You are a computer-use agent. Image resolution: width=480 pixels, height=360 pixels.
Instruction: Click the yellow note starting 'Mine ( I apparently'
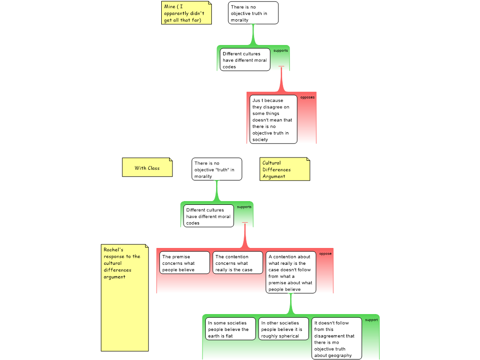tap(187, 13)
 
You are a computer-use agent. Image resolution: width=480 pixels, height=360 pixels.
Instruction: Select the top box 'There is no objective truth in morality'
tap(253, 13)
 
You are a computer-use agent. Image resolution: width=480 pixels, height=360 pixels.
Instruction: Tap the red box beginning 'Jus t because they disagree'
tap(273, 120)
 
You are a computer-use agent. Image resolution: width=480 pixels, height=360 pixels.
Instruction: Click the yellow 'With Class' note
tap(147, 168)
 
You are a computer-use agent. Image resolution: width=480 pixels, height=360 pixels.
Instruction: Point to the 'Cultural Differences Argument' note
tap(285, 169)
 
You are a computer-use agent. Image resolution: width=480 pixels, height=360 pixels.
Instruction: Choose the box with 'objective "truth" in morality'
tap(217, 169)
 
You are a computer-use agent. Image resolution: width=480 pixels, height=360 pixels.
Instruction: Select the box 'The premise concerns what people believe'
tap(185, 263)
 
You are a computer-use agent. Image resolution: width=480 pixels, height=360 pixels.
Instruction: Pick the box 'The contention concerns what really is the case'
tap(238, 263)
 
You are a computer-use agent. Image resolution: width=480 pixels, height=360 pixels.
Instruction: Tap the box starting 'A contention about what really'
tap(291, 272)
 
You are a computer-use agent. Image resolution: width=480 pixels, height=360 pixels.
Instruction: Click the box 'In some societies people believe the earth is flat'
tap(231, 329)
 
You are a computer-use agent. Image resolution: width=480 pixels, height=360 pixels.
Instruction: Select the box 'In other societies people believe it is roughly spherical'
tap(284, 329)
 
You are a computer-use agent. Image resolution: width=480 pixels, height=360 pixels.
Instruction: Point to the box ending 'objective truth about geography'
tap(337, 338)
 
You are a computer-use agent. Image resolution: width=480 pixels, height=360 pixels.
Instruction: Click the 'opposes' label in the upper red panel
tap(307, 97)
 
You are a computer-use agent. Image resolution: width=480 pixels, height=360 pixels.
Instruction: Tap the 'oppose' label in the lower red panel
tap(325, 254)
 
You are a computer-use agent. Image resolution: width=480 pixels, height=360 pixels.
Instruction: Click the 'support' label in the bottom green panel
tap(371, 320)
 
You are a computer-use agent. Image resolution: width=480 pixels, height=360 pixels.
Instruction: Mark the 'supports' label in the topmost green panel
tap(281, 51)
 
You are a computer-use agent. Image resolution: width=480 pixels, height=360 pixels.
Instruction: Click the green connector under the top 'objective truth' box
tap(254, 35)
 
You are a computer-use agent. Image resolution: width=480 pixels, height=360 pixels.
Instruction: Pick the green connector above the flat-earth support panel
tap(291, 305)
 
